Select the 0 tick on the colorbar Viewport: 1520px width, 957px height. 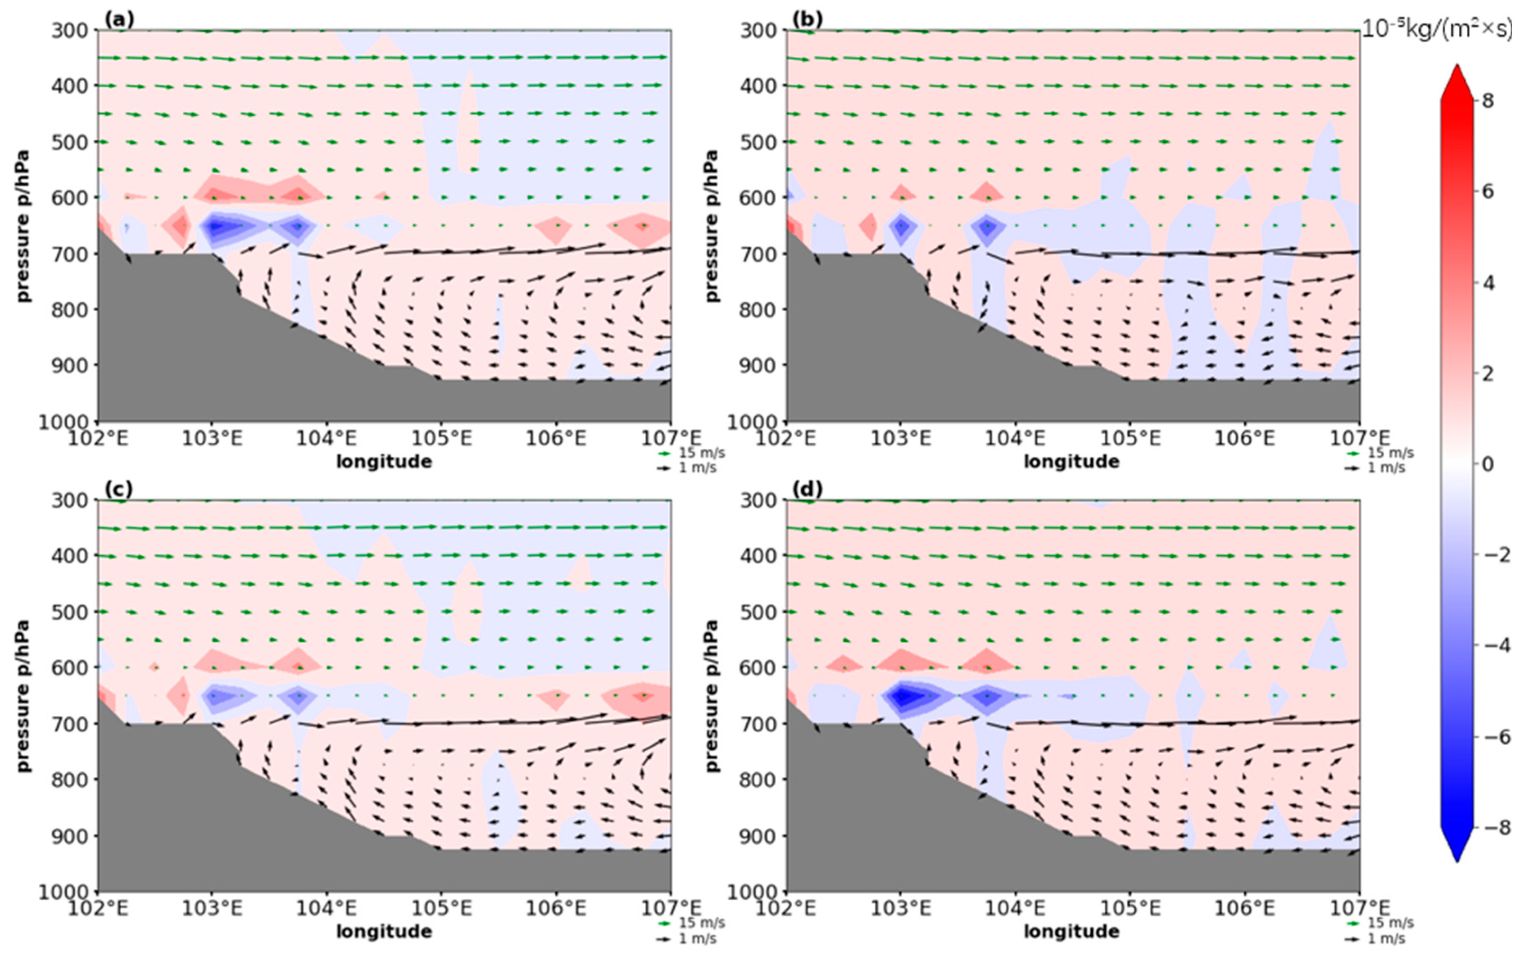tap(1487, 464)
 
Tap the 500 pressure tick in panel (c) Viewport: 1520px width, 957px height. tap(71, 612)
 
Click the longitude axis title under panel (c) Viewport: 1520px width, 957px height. tap(384, 931)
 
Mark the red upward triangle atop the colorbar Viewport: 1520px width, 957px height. tap(1457, 82)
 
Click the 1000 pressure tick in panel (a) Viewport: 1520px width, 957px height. tap(66, 422)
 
